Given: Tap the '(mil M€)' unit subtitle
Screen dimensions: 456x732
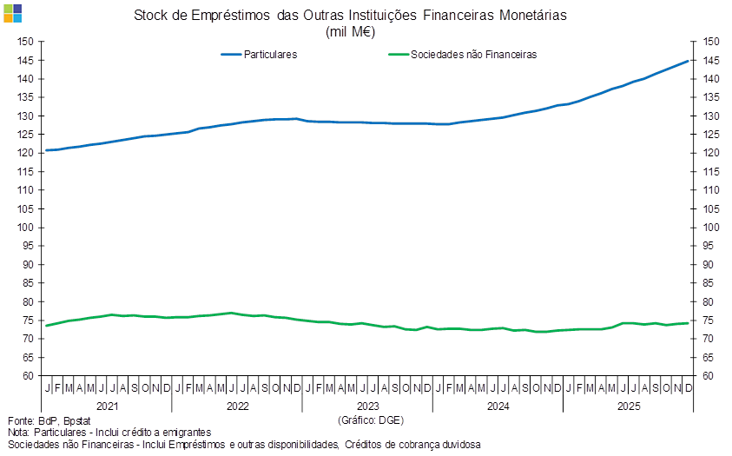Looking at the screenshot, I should (x=350, y=31).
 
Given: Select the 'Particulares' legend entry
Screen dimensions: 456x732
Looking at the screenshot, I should (x=271, y=54).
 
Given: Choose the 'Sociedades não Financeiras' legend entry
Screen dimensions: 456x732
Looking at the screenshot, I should (x=472, y=54).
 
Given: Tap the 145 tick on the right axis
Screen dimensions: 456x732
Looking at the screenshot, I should (x=712, y=60).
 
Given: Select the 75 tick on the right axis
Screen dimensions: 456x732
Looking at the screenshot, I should (x=710, y=321).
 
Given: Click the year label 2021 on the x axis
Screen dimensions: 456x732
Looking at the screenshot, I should (x=108, y=406).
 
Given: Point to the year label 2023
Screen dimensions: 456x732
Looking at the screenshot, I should (x=368, y=406).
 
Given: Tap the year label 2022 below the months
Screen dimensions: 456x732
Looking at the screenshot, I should (x=238, y=406).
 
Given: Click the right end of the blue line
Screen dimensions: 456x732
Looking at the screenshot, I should (x=690, y=60).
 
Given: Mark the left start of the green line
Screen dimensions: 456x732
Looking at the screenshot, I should (x=47, y=326).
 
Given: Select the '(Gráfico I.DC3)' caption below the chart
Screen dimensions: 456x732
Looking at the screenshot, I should (x=371, y=420).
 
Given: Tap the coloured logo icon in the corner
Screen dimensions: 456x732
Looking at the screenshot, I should (x=12, y=12).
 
